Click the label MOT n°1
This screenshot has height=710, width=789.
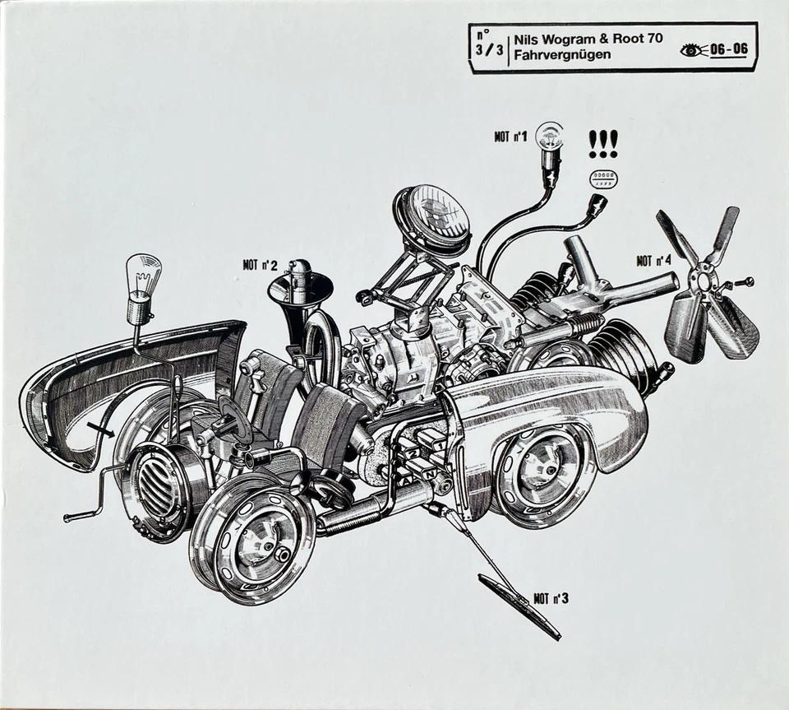pyautogui.click(x=510, y=137)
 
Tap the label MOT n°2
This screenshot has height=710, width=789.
pyautogui.click(x=260, y=265)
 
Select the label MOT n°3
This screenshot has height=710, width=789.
pyautogui.click(x=550, y=598)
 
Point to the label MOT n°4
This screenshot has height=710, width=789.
pyautogui.click(x=653, y=261)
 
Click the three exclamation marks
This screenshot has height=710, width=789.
pyautogui.click(x=603, y=145)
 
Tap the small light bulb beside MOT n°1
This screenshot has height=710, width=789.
pyautogui.click(x=549, y=136)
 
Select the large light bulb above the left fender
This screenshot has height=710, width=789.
pyautogui.click(x=142, y=279)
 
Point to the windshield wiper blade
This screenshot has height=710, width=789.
pyautogui.click(x=519, y=607)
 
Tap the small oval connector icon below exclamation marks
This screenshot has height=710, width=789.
pyautogui.click(x=604, y=179)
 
